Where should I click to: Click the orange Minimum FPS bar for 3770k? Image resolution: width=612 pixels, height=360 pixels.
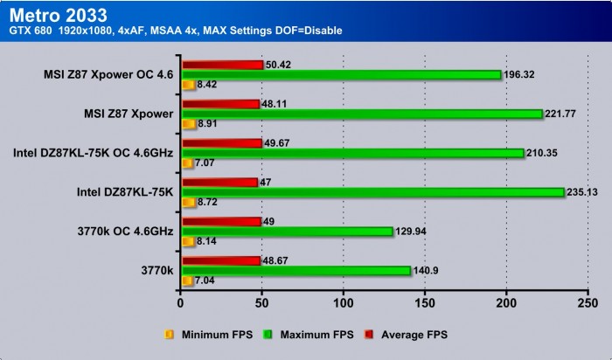click(187, 280)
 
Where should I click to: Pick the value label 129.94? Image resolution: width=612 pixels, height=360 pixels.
click(411, 232)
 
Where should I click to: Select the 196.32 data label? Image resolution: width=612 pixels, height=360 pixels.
click(521, 75)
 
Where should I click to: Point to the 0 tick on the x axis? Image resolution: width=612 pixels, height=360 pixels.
click(180, 303)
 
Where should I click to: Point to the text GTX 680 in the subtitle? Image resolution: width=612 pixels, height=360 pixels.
click(24, 31)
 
